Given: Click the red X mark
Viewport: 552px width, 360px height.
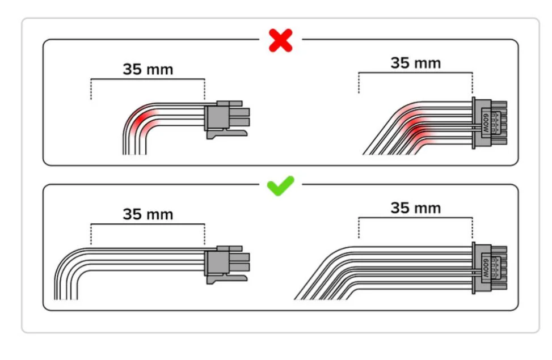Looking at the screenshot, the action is point(281,40).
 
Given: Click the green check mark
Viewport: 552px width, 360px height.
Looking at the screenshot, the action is point(281,185).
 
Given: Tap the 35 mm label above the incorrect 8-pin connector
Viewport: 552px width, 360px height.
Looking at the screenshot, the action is point(148,69).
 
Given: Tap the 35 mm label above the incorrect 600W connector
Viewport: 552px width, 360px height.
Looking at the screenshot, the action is point(416,63).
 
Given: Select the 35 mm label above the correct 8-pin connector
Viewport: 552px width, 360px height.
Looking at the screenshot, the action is point(148,214).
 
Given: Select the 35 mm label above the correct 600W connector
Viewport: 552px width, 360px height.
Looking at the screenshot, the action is point(416,208).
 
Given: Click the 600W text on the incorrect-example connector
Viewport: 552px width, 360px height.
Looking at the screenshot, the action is point(486,123).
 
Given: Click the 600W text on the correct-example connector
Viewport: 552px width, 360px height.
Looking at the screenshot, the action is point(486,268).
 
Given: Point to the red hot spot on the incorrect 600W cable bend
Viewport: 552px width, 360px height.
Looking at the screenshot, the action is point(418,130).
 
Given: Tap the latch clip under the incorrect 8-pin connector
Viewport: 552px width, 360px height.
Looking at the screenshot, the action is point(227,134).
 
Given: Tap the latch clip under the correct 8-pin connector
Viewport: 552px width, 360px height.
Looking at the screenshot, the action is point(227,279).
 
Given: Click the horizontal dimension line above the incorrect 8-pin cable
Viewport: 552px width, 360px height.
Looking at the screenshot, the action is point(148,79).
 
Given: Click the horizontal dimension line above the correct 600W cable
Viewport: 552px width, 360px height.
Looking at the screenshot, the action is point(416,218).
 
